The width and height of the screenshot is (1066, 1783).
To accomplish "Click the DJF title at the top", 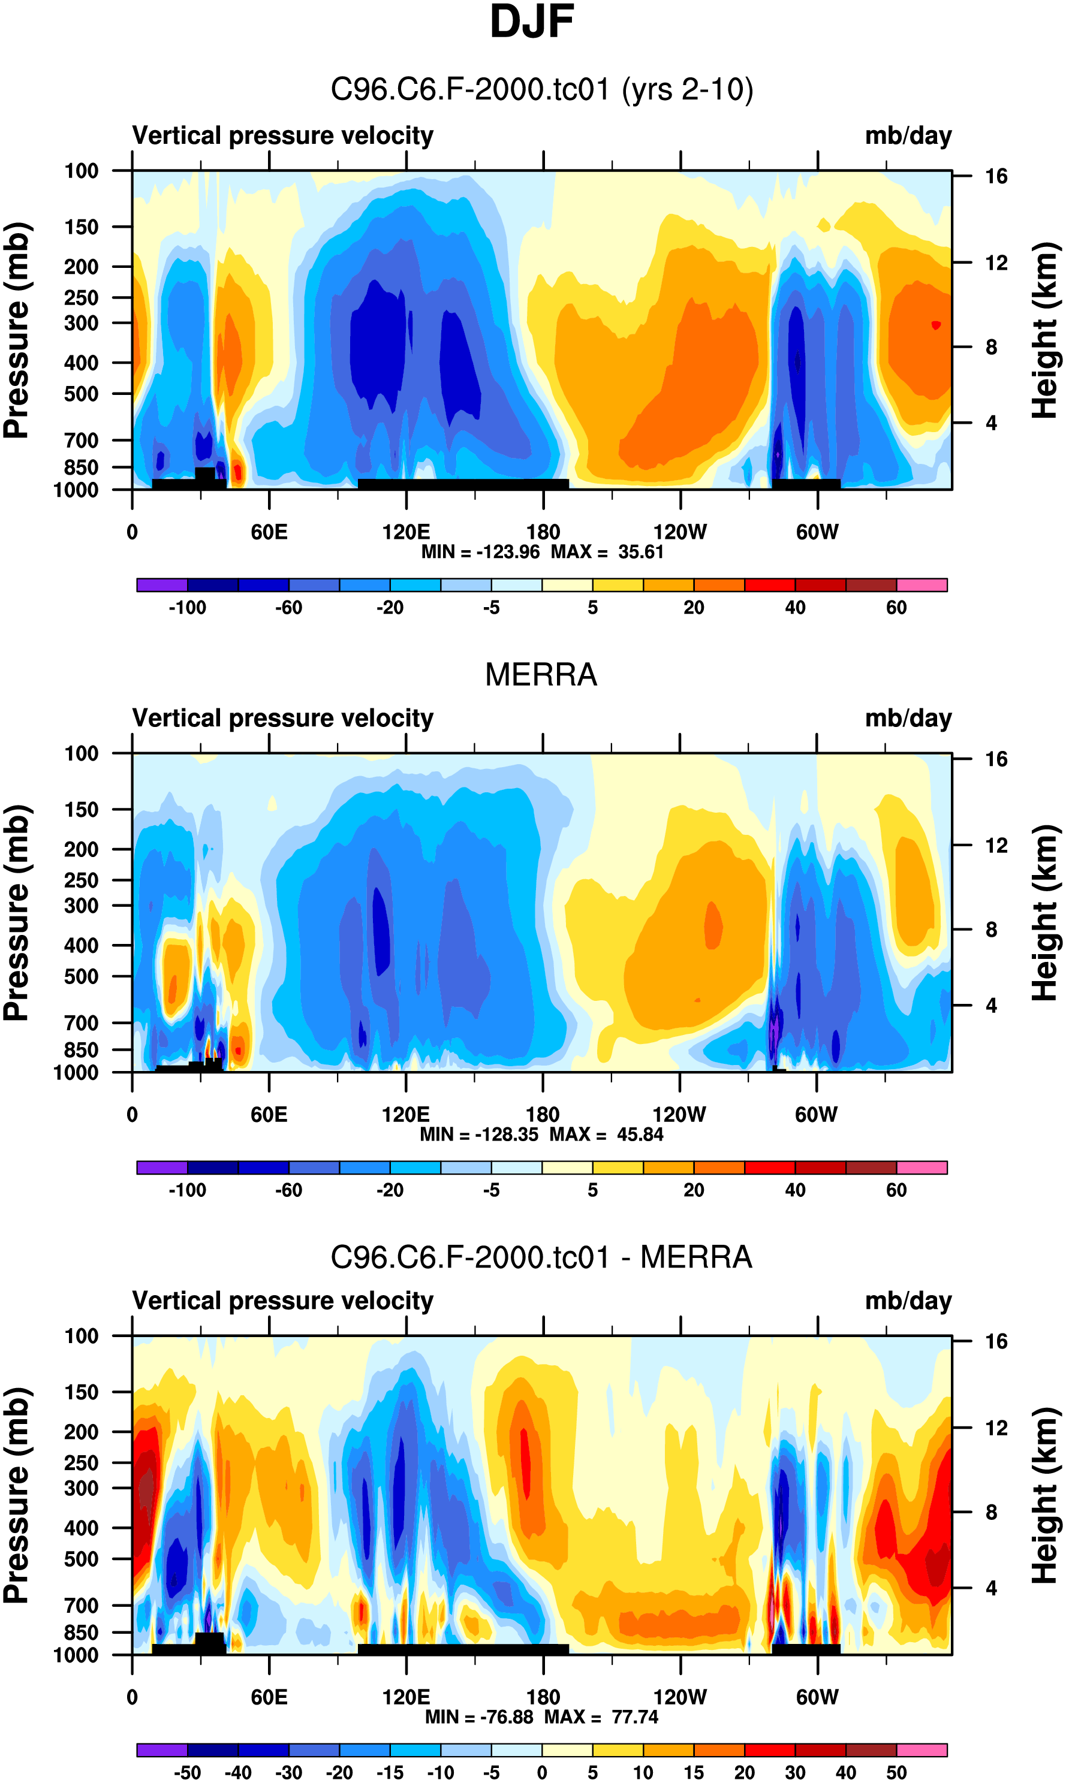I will (x=532, y=22).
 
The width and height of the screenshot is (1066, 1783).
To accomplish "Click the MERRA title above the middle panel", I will (x=541, y=675).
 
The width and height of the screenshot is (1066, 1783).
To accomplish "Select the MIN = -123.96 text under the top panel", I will (x=480, y=552).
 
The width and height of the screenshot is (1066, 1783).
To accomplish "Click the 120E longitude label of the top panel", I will (x=406, y=532).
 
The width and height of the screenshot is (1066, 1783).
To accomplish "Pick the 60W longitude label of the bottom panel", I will (x=817, y=1697).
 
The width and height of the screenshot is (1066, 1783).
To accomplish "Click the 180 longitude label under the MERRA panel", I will (x=543, y=1115).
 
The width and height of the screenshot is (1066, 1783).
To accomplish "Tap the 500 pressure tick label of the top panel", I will (x=81, y=394).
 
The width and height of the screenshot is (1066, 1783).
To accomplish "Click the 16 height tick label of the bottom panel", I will (x=996, y=1341).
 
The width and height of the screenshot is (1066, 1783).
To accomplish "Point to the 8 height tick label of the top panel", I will (x=991, y=348).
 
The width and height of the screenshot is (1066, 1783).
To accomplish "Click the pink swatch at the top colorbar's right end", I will (x=922, y=585).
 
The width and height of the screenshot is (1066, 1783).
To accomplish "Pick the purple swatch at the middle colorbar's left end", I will (x=162, y=1167).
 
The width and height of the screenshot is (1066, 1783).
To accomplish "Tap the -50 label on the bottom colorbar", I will (x=188, y=1772).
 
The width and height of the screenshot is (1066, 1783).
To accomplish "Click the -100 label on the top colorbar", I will (x=188, y=608).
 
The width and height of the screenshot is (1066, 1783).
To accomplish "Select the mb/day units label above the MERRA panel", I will (x=908, y=718).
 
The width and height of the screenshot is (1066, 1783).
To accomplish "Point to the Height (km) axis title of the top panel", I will (x=1045, y=330).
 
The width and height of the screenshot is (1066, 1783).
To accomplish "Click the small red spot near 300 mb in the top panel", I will (x=935, y=325).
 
